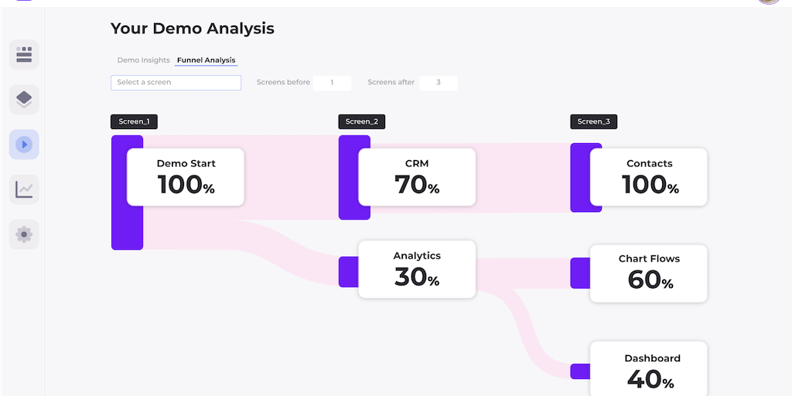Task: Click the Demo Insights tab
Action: [x=143, y=60]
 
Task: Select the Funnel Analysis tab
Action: [x=206, y=60]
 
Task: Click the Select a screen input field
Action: [x=176, y=83]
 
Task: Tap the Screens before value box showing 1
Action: [x=332, y=83]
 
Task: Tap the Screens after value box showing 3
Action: [x=438, y=83]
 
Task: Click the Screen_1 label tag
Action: [x=134, y=121]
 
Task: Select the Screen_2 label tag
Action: [x=361, y=121]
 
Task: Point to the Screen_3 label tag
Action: [x=593, y=121]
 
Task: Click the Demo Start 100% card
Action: [x=186, y=177]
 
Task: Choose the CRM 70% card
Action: [x=417, y=177]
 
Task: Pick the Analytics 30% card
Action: [x=417, y=269]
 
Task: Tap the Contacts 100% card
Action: [x=649, y=177]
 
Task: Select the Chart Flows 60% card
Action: [x=649, y=273]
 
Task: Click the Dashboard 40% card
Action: [x=649, y=369]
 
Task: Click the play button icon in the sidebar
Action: [x=24, y=145]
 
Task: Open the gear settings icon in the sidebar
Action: [x=24, y=234]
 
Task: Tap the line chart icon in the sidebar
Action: [x=24, y=189]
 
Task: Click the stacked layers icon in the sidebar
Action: [x=24, y=99]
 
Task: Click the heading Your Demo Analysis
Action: [x=192, y=29]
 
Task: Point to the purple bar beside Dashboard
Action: [x=580, y=371]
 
